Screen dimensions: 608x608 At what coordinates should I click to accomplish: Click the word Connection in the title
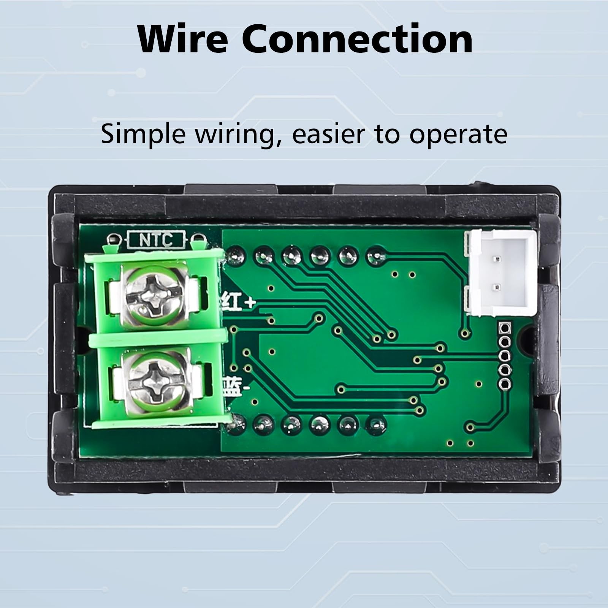[x=358, y=39]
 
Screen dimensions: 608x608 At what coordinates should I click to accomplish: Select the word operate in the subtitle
[x=458, y=135]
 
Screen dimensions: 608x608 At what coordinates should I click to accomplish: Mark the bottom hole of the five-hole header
[x=505, y=383]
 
